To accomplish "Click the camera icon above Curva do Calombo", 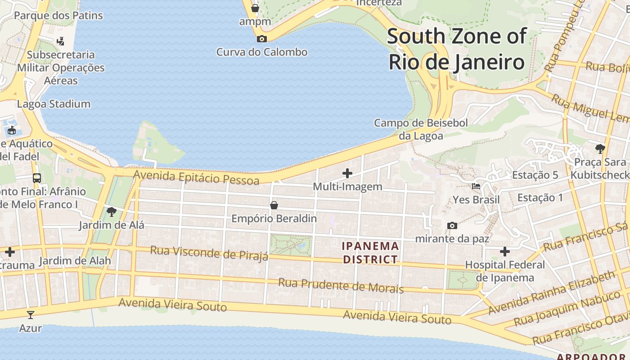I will tap(261, 39).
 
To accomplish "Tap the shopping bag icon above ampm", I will tap(255, 8).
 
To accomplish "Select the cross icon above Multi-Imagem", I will tap(347, 173).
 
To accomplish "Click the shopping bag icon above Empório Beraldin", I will tap(274, 206).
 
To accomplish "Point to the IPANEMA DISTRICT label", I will tap(370, 252).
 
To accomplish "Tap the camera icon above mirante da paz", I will tap(452, 225).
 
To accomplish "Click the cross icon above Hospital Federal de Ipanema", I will tap(505, 251).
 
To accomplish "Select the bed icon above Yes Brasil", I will tap(476, 186).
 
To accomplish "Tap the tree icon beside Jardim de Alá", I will tap(111, 211).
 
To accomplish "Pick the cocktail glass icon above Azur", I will tap(31, 315).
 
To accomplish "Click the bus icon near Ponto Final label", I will tap(37, 178).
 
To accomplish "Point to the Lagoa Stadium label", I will tap(54, 104).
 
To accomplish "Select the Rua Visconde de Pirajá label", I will tap(209, 252).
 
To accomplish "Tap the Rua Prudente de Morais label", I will tap(341, 285).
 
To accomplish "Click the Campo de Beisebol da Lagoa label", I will tap(421, 129).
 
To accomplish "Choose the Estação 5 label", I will tap(535, 175).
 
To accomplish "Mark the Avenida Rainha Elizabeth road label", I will tap(552, 292).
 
